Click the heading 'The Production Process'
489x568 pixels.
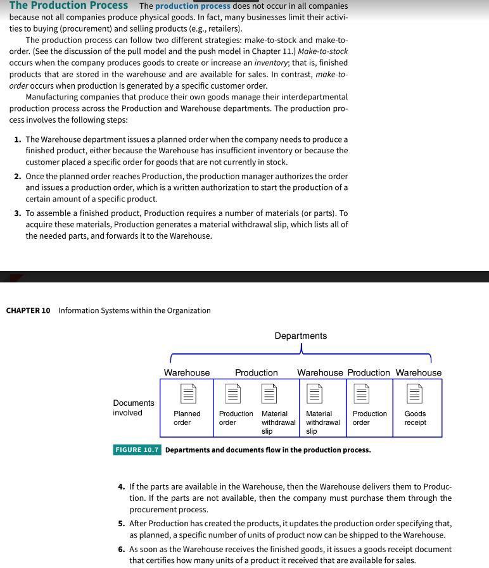[68, 6]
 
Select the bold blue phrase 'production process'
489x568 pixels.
[193, 6]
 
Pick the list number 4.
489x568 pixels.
[121, 487]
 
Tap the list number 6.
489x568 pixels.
[121, 550]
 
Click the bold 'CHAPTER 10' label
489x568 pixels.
[28, 310]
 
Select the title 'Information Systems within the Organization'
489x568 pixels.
[134, 310]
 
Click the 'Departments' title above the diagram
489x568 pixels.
[300, 336]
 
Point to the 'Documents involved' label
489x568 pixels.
[133, 408]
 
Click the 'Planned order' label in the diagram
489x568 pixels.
[187, 418]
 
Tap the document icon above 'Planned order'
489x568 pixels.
[187, 394]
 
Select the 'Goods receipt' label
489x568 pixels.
[416, 418]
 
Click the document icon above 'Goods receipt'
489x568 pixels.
[415, 394]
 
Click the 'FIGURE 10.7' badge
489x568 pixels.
[137, 450]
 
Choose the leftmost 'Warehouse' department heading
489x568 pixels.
[187, 372]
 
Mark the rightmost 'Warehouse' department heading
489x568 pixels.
[419, 372]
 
